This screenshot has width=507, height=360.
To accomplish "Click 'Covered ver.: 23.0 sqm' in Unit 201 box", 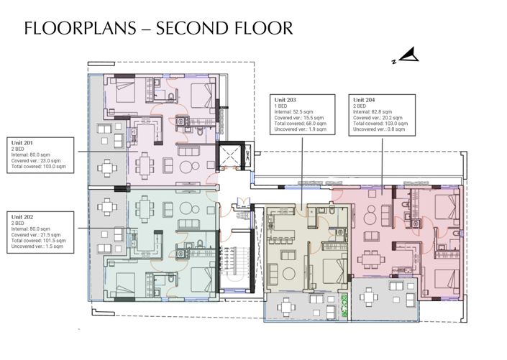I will (37, 160).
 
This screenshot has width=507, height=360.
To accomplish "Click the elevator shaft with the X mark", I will (229, 157).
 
